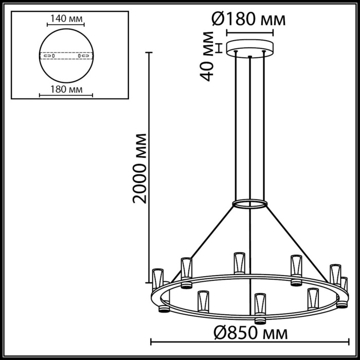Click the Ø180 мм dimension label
pyautogui.click(x=248, y=21)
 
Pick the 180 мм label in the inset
pyautogui.click(x=65, y=90)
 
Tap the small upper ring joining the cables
pyautogui.click(x=249, y=204)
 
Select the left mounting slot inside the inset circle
pyautogui.click(x=49, y=55)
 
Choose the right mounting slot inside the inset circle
pyautogui.click(x=82, y=55)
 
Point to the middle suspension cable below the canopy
pyautogui.click(x=249, y=129)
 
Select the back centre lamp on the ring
pyautogui.click(x=238, y=262)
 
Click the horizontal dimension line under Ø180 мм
pyautogui.click(x=249, y=32)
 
